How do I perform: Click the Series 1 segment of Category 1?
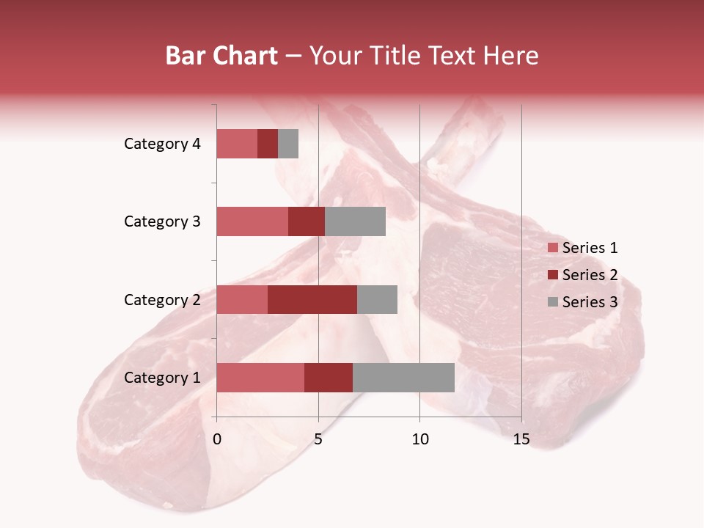coord(260,378)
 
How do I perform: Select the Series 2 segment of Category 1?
coord(329,378)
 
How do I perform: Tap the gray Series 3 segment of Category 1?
coord(403,378)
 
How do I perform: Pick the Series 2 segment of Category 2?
coord(312,299)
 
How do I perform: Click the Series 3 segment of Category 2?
coord(377,299)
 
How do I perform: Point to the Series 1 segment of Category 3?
coord(252,221)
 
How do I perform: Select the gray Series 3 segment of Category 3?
coord(355,221)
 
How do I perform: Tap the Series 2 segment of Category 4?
coord(268,144)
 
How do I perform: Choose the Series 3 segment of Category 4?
coord(288,144)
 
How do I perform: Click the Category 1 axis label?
coord(162,378)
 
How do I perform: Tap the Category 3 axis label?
coord(162,221)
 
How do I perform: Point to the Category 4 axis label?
coord(162,144)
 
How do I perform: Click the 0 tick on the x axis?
coord(217,439)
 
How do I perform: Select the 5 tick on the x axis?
coord(318,439)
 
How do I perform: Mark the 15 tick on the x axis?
coord(521,439)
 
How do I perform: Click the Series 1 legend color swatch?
coord(552,248)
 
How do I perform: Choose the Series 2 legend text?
coord(590,275)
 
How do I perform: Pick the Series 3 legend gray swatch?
coord(552,302)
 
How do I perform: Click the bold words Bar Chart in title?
coord(221,56)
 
